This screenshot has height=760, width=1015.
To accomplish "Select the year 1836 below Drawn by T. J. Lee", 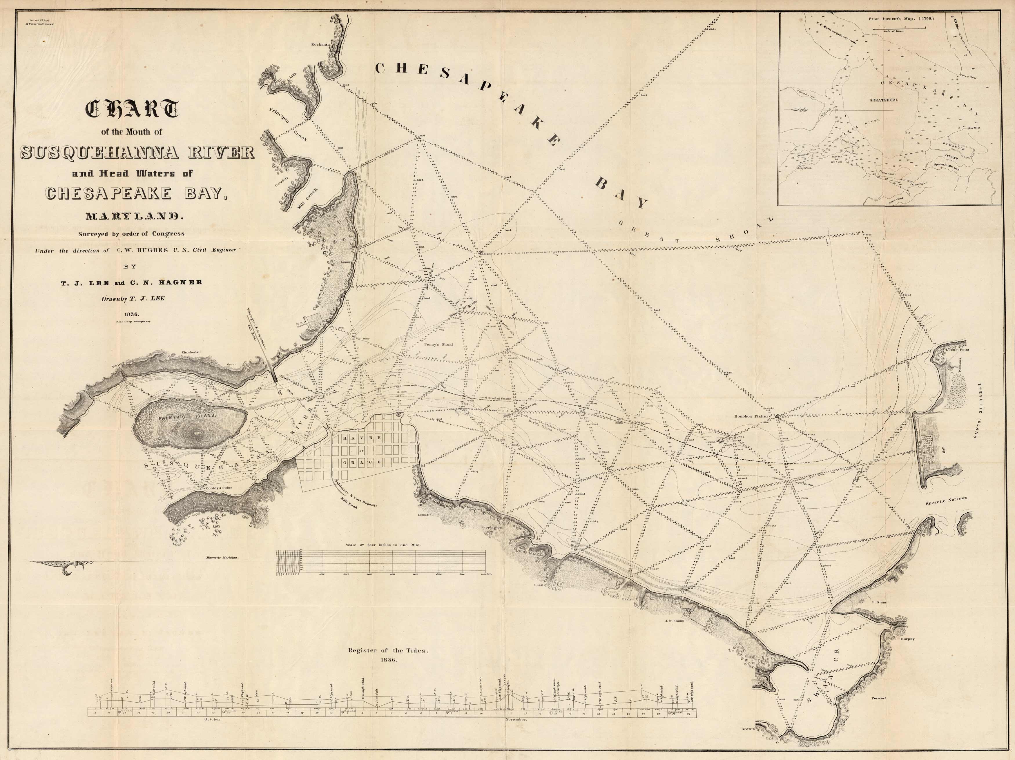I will click(x=132, y=314).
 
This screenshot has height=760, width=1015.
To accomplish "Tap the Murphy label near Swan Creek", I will click(x=908, y=639).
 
